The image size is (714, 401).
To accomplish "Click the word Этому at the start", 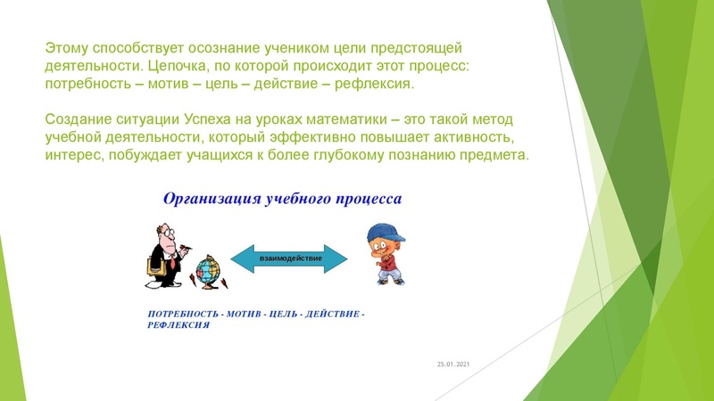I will (66, 46).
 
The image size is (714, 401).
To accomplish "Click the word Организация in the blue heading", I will (212, 198).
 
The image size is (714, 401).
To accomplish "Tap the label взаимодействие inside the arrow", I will (289, 258).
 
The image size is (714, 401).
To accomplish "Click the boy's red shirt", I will (386, 259).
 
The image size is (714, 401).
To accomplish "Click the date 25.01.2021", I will (452, 364).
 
